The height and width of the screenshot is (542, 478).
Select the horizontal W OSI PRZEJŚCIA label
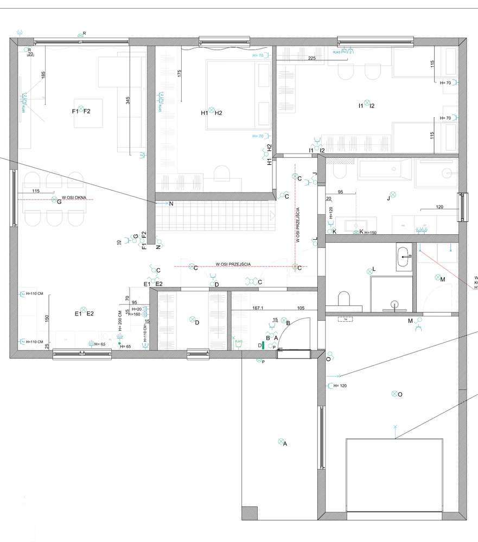click(x=233, y=264)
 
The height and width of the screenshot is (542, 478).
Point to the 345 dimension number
click(x=128, y=100)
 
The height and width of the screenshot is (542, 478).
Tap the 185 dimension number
click(x=43, y=76)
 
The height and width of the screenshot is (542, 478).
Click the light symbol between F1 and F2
click(x=80, y=110)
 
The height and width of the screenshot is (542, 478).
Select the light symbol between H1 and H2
click(x=212, y=112)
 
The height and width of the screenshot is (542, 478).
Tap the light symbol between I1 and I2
click(x=367, y=103)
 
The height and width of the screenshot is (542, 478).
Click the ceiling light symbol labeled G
click(x=53, y=200)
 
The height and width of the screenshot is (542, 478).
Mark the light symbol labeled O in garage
click(x=394, y=393)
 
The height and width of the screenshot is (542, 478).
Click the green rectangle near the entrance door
click(x=263, y=344)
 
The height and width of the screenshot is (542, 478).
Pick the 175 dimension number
click(x=179, y=76)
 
